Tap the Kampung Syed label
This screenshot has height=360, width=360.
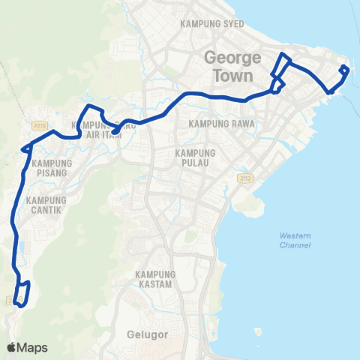click(x=212, y=24)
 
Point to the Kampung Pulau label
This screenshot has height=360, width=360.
click(x=194, y=157)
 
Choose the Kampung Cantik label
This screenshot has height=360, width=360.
click(x=46, y=205)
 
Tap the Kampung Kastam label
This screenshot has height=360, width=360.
click(x=156, y=280)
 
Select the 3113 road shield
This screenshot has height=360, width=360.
click(x=244, y=178)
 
